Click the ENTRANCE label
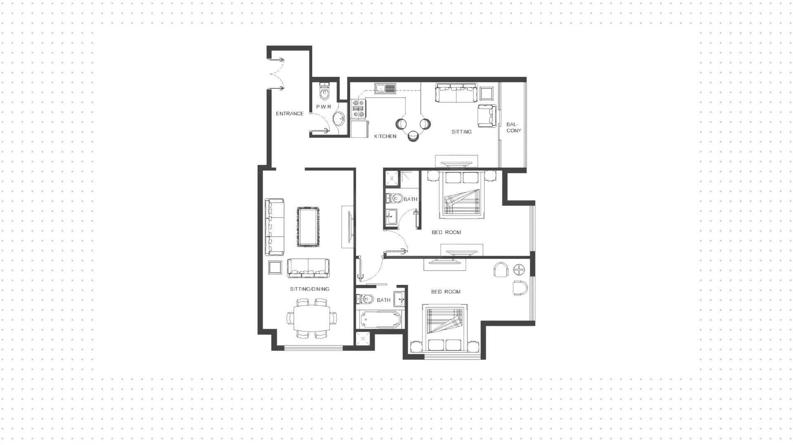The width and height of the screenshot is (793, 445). (x=290, y=114)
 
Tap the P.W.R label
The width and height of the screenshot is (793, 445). (x=324, y=107)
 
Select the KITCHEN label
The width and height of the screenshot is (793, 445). (x=385, y=136)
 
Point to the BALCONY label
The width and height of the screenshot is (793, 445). (x=513, y=127)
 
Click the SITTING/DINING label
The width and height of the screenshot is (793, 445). (x=309, y=289)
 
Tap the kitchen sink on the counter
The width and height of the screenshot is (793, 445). (x=385, y=88)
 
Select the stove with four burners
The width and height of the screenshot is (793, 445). (x=359, y=108)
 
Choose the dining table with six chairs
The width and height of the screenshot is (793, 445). (x=312, y=318)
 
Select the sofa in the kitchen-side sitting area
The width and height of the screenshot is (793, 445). (x=456, y=93)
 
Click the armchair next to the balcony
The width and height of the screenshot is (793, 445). (x=487, y=116)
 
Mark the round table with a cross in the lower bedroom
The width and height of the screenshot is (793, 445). (x=519, y=270)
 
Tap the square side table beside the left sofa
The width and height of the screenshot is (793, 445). (x=275, y=267)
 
